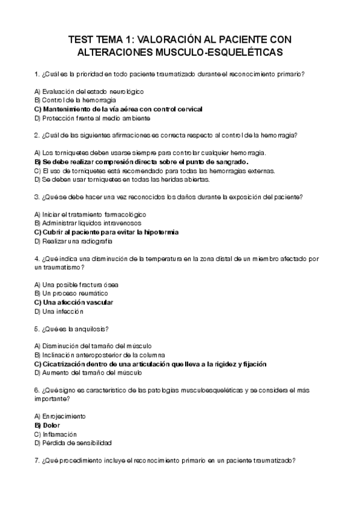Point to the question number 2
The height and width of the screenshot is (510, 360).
(37, 135)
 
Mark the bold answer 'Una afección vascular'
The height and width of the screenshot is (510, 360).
(74, 302)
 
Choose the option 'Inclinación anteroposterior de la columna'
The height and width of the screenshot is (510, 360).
(100, 355)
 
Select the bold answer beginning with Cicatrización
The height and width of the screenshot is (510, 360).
(151, 364)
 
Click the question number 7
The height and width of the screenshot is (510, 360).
(37, 461)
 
